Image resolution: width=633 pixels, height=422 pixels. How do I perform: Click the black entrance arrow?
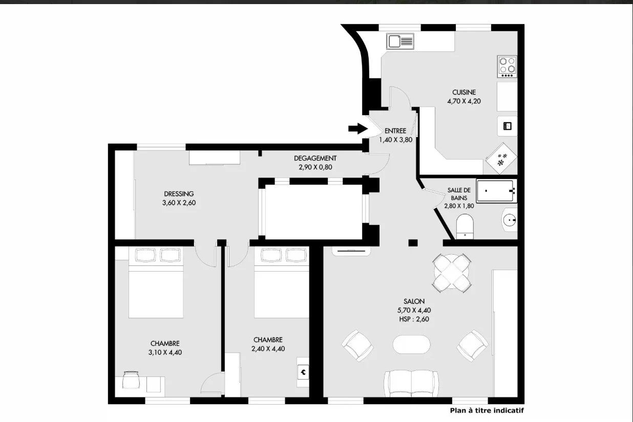coord(358,129)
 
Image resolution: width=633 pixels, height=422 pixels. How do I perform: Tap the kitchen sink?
coord(400,41)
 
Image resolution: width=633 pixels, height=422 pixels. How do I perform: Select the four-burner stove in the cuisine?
coord(507,66)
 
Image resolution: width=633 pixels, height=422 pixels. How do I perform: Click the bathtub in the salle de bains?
coord(496,191)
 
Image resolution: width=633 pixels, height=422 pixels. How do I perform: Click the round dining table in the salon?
coord(452,273)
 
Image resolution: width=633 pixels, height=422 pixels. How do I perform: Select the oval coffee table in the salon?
coord(411,344)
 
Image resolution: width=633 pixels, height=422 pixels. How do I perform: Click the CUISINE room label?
coord(464,92)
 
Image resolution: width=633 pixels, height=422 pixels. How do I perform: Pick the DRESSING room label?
coord(179,194)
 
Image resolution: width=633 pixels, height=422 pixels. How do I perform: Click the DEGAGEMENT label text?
coord(315,159)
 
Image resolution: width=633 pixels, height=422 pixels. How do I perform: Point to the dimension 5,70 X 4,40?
coord(414,310)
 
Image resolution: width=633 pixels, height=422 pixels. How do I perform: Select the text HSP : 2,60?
coord(414,319)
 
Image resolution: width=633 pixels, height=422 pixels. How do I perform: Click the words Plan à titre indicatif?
coord(487,411)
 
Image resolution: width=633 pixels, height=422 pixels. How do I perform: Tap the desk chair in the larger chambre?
coord(131,380)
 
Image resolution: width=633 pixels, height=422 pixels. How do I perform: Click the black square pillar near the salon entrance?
coord(413,243)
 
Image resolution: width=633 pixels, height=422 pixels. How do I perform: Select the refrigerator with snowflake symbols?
coord(501,158)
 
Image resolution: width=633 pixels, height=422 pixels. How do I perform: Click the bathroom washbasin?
coord(510,219)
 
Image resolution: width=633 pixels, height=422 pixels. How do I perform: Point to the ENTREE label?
coord(395,131)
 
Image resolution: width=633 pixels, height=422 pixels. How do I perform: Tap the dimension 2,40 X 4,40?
coord(268,349)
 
